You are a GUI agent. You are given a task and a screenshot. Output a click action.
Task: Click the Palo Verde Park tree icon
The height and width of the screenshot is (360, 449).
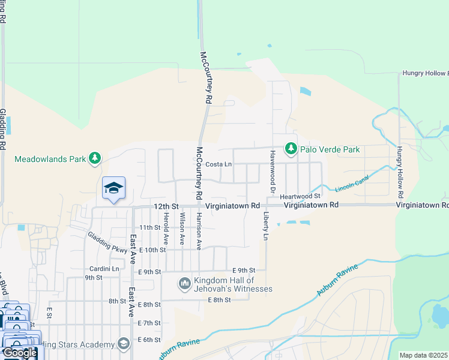(x=291, y=148)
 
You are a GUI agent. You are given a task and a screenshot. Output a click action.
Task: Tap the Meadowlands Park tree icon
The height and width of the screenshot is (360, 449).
(x=94, y=158)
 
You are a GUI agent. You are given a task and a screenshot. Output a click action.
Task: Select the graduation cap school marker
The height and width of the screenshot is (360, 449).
(x=113, y=188)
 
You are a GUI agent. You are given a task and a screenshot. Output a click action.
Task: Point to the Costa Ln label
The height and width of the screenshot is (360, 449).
(x=218, y=164)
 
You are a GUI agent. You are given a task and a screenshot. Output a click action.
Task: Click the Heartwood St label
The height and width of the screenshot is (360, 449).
(x=301, y=196)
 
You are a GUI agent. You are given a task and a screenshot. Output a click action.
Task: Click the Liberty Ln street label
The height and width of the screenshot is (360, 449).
(x=265, y=225)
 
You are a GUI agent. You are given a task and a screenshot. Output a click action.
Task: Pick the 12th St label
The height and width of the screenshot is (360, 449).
(x=166, y=206)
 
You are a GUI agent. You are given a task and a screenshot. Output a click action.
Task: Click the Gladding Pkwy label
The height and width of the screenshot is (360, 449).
(x=108, y=242)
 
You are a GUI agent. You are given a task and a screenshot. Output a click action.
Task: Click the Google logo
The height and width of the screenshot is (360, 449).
(x=20, y=353)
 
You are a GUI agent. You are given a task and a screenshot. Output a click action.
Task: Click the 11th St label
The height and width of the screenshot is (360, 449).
(x=150, y=227)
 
